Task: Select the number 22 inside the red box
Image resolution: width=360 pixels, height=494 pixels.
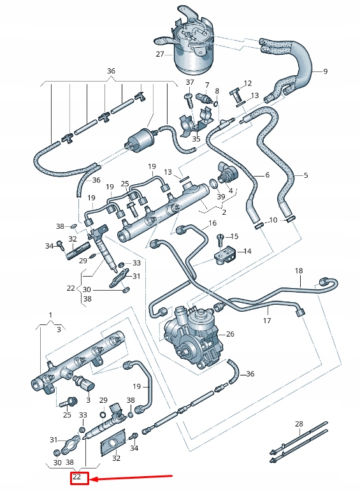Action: (77, 477)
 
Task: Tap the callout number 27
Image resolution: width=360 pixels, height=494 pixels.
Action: (160, 55)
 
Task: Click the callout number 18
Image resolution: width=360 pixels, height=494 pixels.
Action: (298, 272)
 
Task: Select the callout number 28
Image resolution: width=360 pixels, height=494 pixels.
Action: (299, 424)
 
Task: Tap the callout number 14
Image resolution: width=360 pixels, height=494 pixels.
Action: (247, 251)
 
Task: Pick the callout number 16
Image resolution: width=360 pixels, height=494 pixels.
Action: (212, 223)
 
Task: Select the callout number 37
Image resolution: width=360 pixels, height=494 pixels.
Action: (190, 82)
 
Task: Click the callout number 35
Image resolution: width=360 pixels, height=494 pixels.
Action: (196, 138)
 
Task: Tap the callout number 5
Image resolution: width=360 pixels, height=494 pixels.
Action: (305, 175)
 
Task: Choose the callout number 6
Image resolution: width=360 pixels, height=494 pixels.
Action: (267, 175)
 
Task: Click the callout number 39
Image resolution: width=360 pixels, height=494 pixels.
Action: (220, 197)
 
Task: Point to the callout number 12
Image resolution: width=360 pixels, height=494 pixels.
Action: (248, 83)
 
